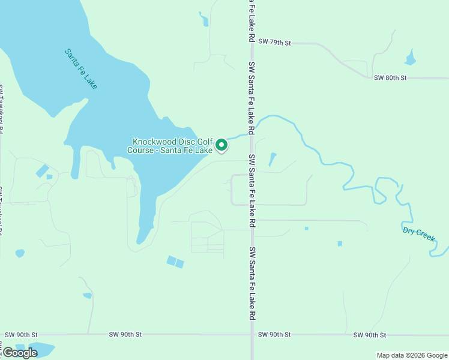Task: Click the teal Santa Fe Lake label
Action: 81,69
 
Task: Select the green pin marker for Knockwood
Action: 221,145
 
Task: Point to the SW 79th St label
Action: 274,43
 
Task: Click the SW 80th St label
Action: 390,78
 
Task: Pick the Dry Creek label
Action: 418,233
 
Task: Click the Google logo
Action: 20,353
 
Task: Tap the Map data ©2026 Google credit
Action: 412,355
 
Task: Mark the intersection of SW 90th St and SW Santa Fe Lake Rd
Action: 252,334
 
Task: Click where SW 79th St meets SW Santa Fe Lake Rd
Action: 252,43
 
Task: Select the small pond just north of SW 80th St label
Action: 411,59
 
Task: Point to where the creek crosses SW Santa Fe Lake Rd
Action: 252,132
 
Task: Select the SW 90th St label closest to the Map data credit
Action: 369,334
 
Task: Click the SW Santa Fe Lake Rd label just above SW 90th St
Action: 253,283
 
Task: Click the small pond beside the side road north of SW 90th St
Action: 88,295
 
